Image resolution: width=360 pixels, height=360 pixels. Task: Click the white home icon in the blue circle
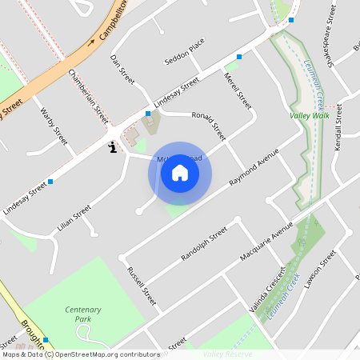point(180,173)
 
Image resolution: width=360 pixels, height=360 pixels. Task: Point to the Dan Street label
point(122,68)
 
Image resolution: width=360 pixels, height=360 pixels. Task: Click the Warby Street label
point(53,126)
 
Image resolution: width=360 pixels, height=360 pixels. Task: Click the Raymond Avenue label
point(253,166)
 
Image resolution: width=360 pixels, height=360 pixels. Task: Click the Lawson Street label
point(319,273)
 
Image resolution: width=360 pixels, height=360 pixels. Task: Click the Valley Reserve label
point(227,354)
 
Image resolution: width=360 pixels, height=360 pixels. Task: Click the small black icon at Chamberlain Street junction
point(113,147)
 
